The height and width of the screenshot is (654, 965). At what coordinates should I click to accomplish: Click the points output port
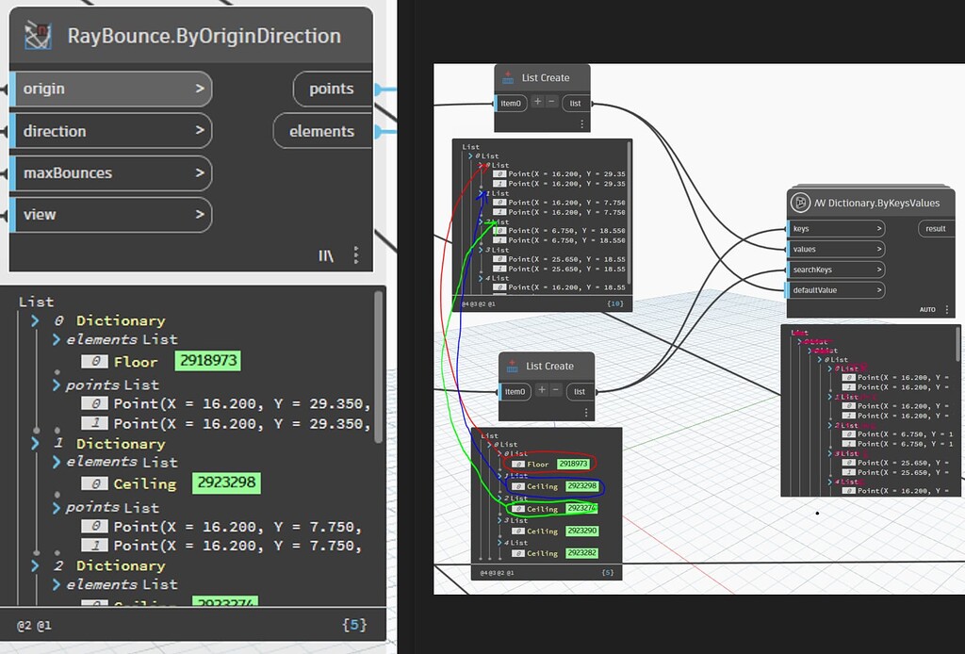[332, 89]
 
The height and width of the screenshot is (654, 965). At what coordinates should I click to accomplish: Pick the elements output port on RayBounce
[322, 131]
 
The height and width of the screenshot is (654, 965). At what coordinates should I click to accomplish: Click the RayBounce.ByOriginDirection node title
[204, 37]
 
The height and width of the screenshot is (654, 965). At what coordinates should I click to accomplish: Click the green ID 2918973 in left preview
[208, 361]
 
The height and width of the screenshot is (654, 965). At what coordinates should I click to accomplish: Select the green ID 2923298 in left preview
[226, 483]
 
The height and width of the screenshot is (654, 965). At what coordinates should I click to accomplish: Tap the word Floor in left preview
[137, 362]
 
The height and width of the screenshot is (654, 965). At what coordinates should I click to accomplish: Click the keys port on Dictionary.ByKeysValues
[837, 229]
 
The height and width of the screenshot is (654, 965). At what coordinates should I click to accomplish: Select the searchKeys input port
[837, 270]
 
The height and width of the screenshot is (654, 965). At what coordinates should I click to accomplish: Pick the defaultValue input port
[837, 290]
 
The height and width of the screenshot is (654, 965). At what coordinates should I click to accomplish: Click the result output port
[936, 229]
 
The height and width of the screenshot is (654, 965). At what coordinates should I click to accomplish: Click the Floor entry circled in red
[538, 464]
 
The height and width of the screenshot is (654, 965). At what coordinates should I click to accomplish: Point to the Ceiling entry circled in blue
[542, 486]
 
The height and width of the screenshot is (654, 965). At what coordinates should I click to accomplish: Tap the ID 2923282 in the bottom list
[581, 553]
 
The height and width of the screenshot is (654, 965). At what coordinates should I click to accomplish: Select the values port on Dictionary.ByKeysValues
[837, 250]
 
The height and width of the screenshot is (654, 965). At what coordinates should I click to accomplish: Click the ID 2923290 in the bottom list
[581, 531]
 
